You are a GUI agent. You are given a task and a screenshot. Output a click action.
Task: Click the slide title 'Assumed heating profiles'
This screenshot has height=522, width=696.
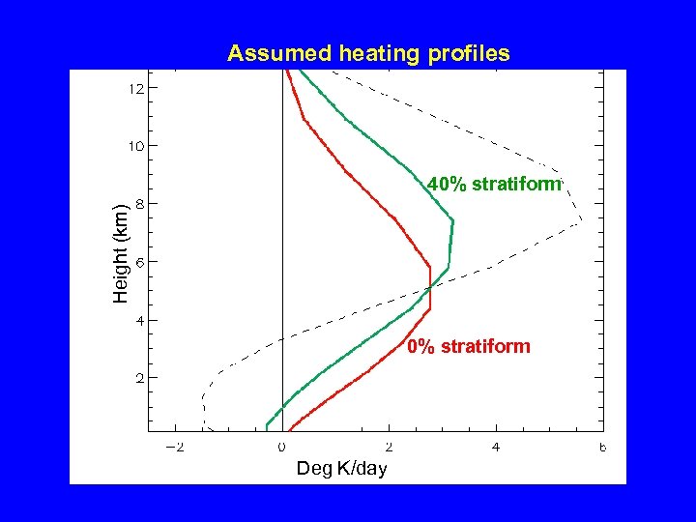[368, 54]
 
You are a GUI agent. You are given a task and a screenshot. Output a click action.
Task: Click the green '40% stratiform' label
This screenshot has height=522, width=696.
[494, 184]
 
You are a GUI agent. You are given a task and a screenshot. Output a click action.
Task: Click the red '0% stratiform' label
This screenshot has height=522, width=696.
[469, 346]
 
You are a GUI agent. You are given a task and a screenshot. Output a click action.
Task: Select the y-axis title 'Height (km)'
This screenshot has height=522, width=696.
[120, 253]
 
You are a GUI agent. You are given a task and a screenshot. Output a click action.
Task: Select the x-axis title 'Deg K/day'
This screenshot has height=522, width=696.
[341, 469]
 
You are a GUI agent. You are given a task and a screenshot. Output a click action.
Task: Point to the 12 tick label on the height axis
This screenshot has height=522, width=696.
[137, 88]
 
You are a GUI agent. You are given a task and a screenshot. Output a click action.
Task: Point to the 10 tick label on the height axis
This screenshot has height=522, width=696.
[137, 146]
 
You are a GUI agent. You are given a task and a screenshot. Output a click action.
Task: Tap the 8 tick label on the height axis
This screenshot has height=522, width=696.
[141, 204]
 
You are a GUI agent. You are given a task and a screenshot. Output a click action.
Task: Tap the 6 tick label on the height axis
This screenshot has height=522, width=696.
[141, 262]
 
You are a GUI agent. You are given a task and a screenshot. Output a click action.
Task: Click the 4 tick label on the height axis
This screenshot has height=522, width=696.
[141, 320]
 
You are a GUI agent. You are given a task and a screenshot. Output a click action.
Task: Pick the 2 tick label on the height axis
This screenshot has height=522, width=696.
[141, 378]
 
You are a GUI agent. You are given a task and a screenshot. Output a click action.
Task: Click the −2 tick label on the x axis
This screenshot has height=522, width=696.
[175, 447]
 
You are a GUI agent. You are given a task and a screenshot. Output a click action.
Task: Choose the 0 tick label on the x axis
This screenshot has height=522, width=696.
[282, 447]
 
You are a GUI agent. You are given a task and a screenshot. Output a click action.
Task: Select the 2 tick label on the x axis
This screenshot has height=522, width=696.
[389, 447]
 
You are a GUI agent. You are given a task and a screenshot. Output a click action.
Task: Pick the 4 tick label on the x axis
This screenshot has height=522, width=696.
[496, 447]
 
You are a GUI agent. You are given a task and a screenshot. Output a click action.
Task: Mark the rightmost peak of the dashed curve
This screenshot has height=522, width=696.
[581, 222]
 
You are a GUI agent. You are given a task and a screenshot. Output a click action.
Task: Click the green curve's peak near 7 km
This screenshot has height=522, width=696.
[452, 222]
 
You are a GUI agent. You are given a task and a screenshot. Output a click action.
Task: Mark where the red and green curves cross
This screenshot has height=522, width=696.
[429, 287]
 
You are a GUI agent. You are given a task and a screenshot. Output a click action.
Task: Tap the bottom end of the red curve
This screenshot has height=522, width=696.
[287, 429]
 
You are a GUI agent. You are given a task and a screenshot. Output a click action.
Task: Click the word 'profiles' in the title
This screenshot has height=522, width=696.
[472, 54]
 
